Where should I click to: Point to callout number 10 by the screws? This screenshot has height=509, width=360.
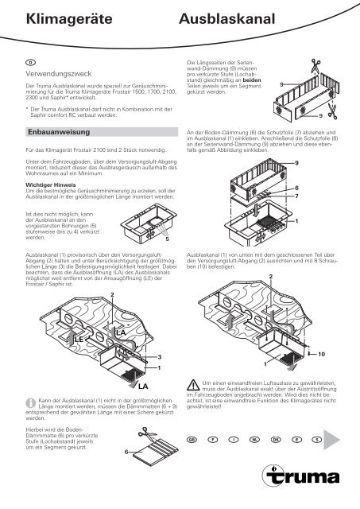point(322,352)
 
